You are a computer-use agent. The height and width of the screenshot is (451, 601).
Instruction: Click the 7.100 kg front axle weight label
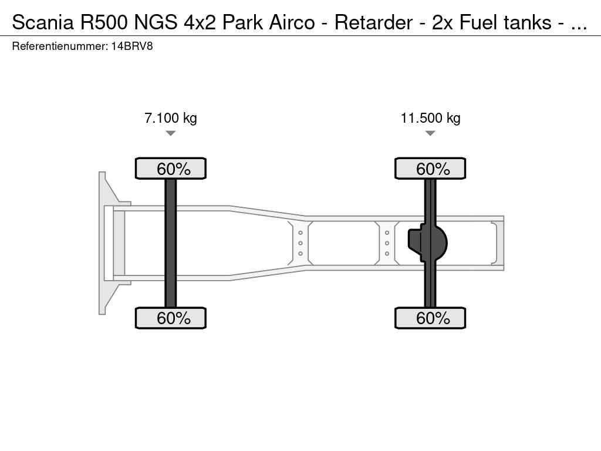[x=171, y=117]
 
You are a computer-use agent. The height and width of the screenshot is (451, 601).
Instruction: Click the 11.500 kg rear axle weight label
[x=430, y=117]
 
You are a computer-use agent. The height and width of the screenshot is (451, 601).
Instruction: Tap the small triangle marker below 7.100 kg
[x=171, y=133]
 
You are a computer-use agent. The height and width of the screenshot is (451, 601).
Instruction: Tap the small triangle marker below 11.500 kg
[x=430, y=133]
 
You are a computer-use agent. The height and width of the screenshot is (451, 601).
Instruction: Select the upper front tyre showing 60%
[x=171, y=169]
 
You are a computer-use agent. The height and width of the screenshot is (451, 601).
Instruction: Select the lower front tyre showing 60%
[x=171, y=318]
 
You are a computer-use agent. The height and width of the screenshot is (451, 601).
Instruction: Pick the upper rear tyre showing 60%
[x=430, y=169]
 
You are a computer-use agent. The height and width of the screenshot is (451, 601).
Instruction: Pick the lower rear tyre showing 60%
[x=430, y=318]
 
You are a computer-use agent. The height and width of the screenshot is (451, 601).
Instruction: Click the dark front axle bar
[x=171, y=243]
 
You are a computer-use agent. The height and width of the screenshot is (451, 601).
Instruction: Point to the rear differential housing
[x=427, y=243]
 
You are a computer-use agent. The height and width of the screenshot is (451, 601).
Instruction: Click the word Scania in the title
[x=43, y=22]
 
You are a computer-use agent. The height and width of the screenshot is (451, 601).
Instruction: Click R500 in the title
[x=104, y=22]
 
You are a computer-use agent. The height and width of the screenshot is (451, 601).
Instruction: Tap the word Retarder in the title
[x=374, y=22]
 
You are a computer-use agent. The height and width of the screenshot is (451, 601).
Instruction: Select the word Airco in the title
[x=292, y=22]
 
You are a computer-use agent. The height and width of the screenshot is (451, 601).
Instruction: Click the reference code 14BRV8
[x=132, y=46]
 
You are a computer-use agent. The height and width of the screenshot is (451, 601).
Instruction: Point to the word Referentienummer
[x=60, y=46]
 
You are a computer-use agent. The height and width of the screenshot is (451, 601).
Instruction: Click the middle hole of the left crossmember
[x=300, y=243]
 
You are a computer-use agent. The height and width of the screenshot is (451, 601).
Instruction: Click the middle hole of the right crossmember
[x=387, y=243]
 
